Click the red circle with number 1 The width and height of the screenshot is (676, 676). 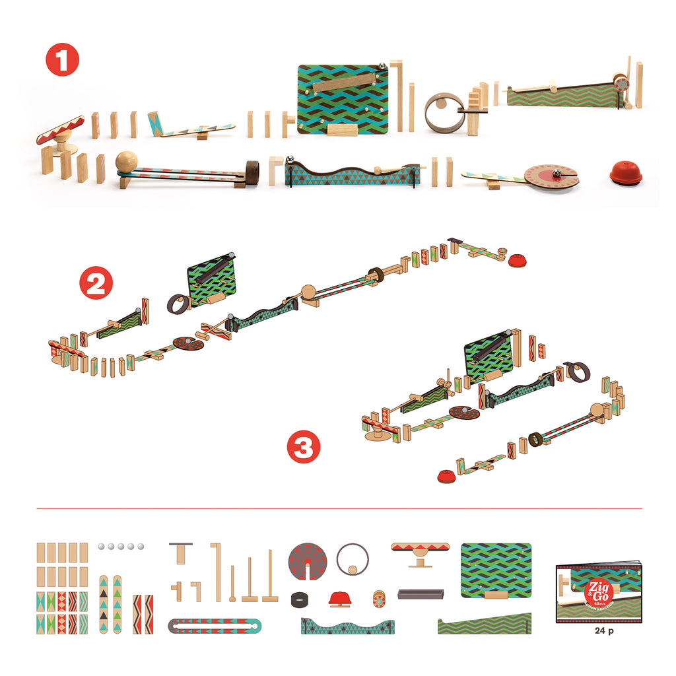click(x=62, y=62)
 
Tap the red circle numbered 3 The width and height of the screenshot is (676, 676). click(x=303, y=449)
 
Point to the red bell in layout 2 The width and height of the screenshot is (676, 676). click(x=517, y=261)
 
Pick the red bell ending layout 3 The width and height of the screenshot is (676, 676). click(x=446, y=475)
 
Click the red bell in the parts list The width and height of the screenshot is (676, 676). click(x=339, y=599)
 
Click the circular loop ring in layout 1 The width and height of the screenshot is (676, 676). click(x=440, y=111)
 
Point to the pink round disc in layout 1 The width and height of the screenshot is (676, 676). click(x=551, y=176)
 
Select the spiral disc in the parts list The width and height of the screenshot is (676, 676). click(x=309, y=562)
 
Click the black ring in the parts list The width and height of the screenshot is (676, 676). click(x=301, y=599)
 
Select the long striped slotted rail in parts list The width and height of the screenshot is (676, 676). click(x=215, y=625)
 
